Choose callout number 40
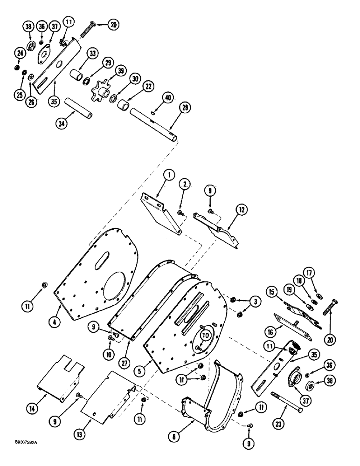click(168, 97)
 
